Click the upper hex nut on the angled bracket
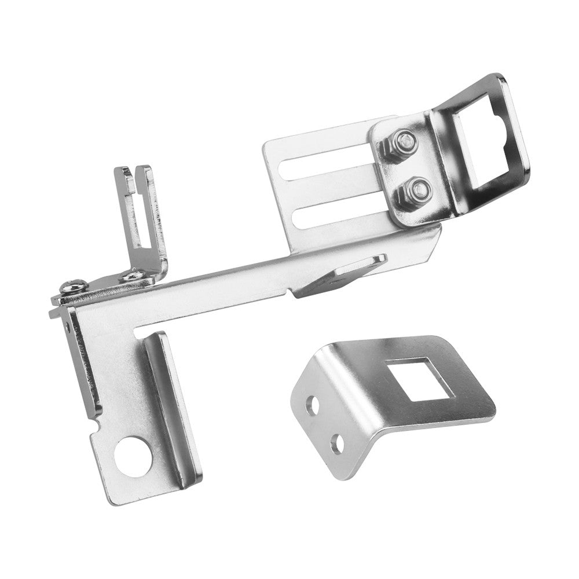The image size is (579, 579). tap(404, 141)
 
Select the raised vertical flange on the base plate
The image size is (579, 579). tap(174, 405)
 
